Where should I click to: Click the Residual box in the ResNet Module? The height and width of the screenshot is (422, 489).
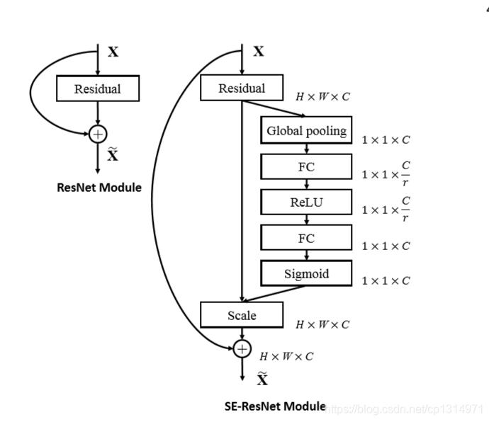98,89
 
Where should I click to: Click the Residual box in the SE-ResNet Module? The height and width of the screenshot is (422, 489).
242,89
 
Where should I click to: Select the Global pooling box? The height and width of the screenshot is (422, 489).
306,130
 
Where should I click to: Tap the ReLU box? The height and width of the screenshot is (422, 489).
306,203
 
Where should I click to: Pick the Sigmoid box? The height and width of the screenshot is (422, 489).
306,273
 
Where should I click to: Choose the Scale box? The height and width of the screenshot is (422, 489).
242,315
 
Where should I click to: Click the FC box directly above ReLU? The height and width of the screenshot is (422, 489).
306,167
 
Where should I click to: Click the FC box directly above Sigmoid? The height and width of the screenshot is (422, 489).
306,238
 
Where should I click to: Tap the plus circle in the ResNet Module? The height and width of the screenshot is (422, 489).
98,134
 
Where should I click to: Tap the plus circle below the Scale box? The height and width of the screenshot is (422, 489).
242,348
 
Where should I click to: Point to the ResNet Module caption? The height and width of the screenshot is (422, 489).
99,188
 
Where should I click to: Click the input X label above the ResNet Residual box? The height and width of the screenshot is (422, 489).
113,52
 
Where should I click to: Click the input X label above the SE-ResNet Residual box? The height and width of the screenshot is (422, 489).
259,51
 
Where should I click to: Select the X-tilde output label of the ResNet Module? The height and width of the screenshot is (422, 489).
113,154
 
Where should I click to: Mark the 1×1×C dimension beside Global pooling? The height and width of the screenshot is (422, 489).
386,140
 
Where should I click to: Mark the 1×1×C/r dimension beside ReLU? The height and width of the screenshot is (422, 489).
386,210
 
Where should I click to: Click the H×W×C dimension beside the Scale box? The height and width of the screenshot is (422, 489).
322,325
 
